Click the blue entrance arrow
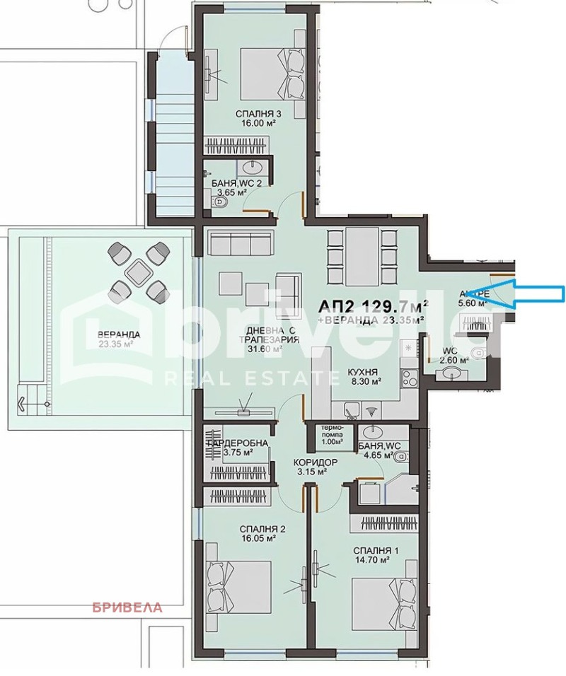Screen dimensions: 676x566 (x=527, y=293)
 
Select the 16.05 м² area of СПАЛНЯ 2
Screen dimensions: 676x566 (x=258, y=537)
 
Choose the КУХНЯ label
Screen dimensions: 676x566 (x=363, y=371)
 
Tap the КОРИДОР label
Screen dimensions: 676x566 (x=316, y=462)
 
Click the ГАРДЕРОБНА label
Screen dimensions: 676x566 (x=237, y=443)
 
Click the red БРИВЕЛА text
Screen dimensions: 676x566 (x=128, y=607)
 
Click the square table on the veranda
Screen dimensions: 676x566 (x=139, y=269)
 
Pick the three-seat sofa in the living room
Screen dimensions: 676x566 (x=241, y=245)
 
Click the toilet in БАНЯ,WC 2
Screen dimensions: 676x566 (x=221, y=203)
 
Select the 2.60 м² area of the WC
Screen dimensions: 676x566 (x=453, y=360)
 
